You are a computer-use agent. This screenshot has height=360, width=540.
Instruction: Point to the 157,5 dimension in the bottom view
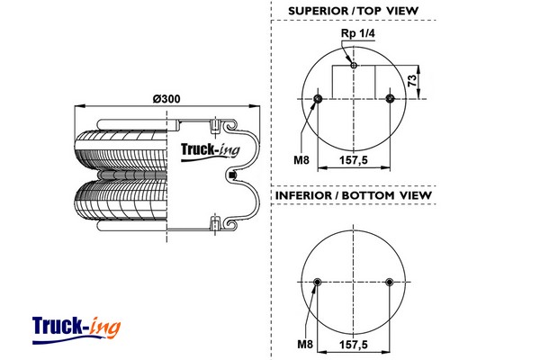(x=354, y=345)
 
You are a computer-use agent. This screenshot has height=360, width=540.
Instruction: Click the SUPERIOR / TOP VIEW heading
(x=354, y=11)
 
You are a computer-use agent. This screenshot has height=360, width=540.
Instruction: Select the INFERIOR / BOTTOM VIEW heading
(x=354, y=195)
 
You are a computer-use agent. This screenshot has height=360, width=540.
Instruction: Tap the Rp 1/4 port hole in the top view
(x=354, y=65)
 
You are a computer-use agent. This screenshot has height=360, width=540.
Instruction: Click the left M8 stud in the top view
(x=319, y=98)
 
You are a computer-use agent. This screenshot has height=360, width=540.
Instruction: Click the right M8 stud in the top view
(x=389, y=98)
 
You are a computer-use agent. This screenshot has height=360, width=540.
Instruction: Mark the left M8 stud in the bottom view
(x=319, y=283)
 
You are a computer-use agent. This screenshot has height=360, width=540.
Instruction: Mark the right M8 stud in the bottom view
(x=389, y=283)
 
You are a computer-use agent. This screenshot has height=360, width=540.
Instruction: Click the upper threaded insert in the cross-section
(x=216, y=124)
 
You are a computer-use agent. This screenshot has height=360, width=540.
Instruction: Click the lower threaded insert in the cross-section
(x=216, y=222)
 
